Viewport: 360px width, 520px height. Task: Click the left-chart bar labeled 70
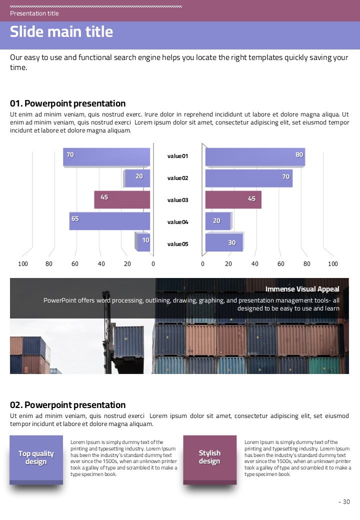point(106,156)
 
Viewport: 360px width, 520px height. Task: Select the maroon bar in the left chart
point(122,199)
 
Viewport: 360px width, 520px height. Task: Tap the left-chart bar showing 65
point(109,221)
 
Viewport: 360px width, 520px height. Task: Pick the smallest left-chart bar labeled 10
point(143,242)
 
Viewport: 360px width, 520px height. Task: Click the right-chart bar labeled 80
point(255,156)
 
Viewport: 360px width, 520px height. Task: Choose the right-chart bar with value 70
point(248,178)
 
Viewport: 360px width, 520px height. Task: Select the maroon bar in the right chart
point(233,199)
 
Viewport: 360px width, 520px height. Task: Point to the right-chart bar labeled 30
point(224,242)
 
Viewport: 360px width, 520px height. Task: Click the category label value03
point(177,200)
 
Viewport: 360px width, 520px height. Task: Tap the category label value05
point(177,244)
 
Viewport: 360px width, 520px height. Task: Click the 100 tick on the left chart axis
point(23,263)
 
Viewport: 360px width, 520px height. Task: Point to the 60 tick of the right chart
point(281,263)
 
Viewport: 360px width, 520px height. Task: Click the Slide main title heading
point(61,32)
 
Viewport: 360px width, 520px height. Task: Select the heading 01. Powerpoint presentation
point(68,103)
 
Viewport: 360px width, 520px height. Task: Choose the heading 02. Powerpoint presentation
point(68,404)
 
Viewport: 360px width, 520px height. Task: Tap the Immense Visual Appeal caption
point(302,289)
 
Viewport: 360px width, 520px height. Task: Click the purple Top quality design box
point(36,457)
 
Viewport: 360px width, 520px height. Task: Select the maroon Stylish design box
point(209,457)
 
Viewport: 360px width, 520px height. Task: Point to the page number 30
point(346,502)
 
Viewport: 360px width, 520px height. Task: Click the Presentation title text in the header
point(34,13)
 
